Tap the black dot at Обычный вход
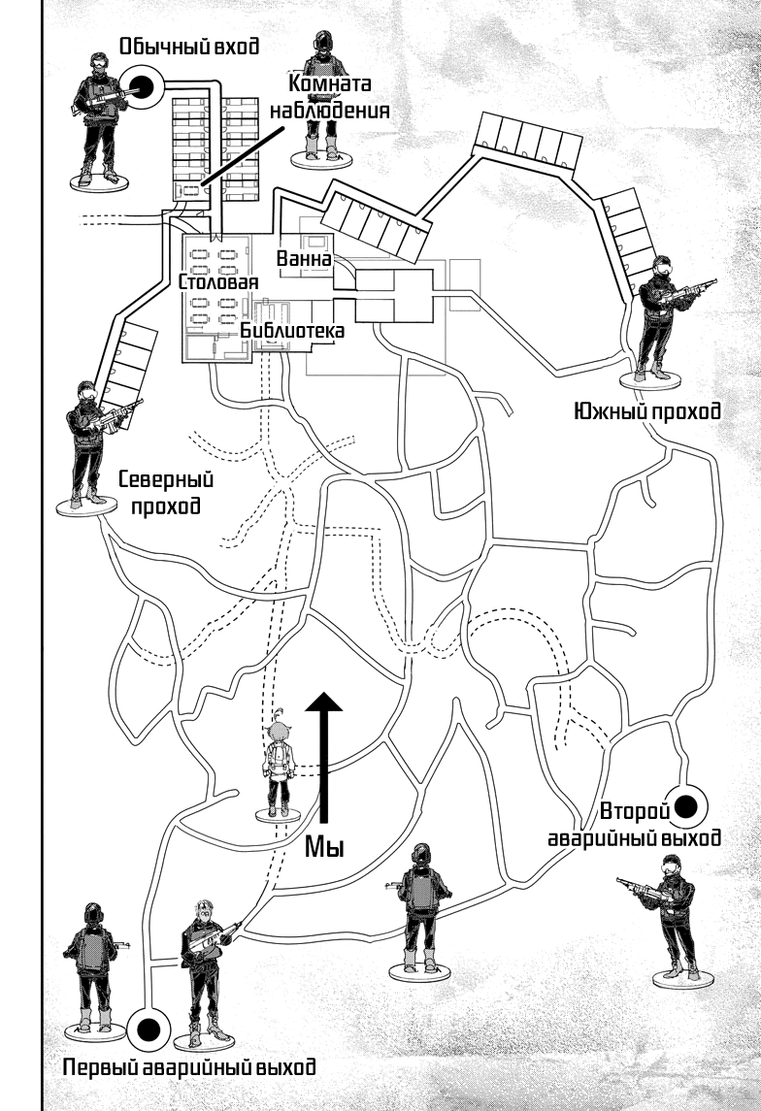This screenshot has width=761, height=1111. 143,85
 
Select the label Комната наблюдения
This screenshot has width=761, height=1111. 329,98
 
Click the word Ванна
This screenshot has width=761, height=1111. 304,260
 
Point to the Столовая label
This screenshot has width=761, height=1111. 218,282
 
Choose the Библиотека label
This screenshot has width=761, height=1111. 292,331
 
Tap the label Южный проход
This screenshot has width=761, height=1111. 647,411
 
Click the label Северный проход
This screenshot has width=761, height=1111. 165,492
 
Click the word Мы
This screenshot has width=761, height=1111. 325,847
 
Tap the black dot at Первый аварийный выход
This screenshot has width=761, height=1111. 149,1029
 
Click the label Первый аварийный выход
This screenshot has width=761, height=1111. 189,1069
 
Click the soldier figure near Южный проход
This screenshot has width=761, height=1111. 665,317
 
